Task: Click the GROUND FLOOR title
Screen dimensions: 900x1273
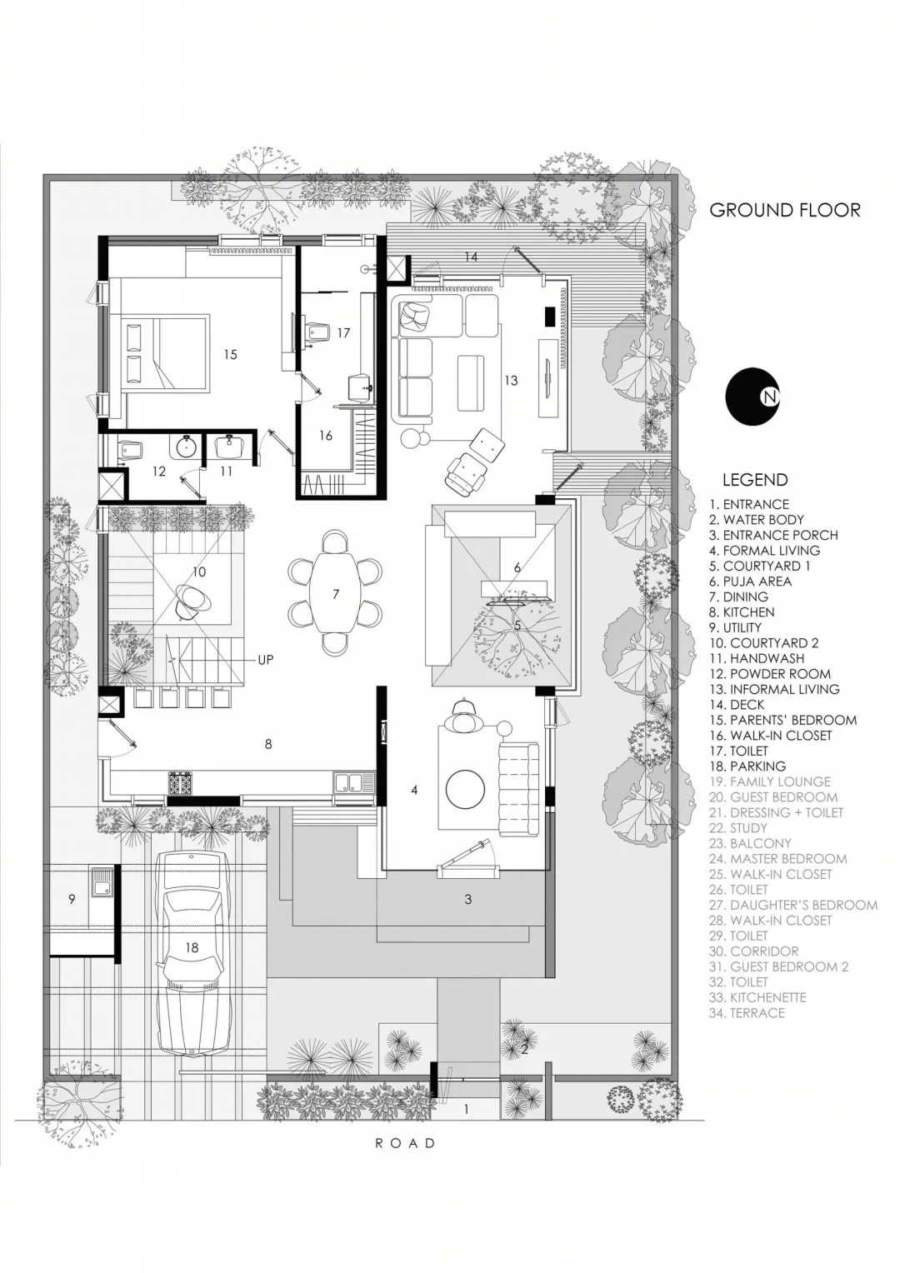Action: [785, 210]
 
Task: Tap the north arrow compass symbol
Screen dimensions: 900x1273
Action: [752, 396]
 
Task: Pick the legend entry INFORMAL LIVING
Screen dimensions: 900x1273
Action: [774, 689]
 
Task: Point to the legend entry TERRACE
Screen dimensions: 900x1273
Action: [747, 1013]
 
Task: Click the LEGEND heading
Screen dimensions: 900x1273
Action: [755, 480]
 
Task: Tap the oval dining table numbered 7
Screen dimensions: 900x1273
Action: [335, 594]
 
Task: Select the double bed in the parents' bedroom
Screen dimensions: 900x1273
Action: [165, 353]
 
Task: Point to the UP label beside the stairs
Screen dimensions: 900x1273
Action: [266, 660]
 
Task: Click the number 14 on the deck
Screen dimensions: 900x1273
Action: [470, 257]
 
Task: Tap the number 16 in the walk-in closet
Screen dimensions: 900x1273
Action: [326, 436]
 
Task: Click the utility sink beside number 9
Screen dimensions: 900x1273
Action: [102, 888]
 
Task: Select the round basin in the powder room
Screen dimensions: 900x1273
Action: [185, 446]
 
